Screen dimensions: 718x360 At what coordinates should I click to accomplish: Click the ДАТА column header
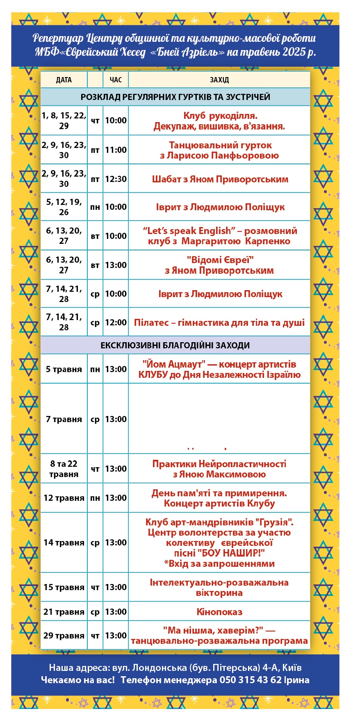tap(64, 80)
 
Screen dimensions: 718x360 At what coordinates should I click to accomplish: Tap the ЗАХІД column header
tap(219, 80)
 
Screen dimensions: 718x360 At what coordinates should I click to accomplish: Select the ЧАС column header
tap(116, 80)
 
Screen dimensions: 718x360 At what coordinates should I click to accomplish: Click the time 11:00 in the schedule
tap(116, 150)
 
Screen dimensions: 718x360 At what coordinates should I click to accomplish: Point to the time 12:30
tap(116, 179)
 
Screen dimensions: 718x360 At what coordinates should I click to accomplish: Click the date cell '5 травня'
tap(64, 369)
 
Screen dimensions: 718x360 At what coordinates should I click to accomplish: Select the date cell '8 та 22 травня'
tap(64, 469)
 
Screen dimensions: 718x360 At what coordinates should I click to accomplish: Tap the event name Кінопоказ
tap(219, 612)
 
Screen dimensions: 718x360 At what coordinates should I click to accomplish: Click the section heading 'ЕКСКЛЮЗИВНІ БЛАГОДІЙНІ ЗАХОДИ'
tap(175, 345)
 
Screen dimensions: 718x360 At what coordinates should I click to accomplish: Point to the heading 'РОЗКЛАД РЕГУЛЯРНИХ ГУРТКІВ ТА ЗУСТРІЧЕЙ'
tap(175, 97)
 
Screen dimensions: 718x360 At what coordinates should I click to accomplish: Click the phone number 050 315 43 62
tap(251, 680)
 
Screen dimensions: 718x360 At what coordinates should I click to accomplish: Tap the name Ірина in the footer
tap(297, 680)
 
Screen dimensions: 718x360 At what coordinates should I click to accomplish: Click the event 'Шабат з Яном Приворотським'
tap(220, 179)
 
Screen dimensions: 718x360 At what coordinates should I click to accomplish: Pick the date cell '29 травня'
tap(64, 636)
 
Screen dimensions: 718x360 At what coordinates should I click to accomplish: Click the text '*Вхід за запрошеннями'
tap(219, 563)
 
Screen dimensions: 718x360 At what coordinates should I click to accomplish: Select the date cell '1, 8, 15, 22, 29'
tap(64, 120)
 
